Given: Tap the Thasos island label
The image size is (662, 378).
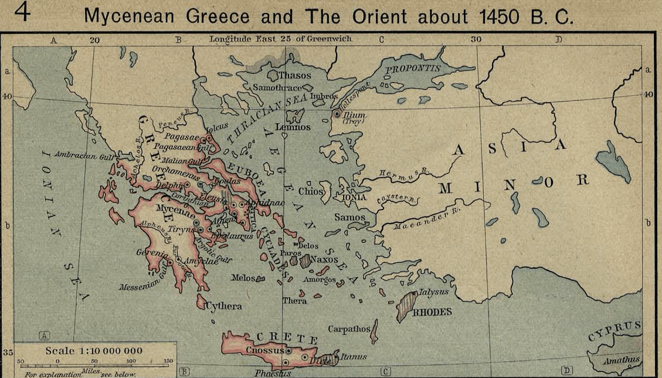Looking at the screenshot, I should pos(295,76).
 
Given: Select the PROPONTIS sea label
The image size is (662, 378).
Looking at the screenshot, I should pos(412,68).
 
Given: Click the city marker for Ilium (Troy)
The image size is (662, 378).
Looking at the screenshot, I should pos(337,114).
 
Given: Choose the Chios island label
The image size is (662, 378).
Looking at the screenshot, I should pos(310,191).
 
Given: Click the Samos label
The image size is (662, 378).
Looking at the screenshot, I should pos(350,217).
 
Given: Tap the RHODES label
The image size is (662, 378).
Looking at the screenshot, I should pos(432,312).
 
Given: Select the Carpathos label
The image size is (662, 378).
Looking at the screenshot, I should pos(348,329).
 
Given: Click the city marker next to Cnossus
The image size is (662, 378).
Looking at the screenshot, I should pos(288,351).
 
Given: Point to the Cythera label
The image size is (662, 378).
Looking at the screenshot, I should pos(223,306).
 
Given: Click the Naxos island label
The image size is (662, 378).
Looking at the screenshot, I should pos(324,259).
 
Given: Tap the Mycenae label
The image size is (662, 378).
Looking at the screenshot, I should pos(173,208).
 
